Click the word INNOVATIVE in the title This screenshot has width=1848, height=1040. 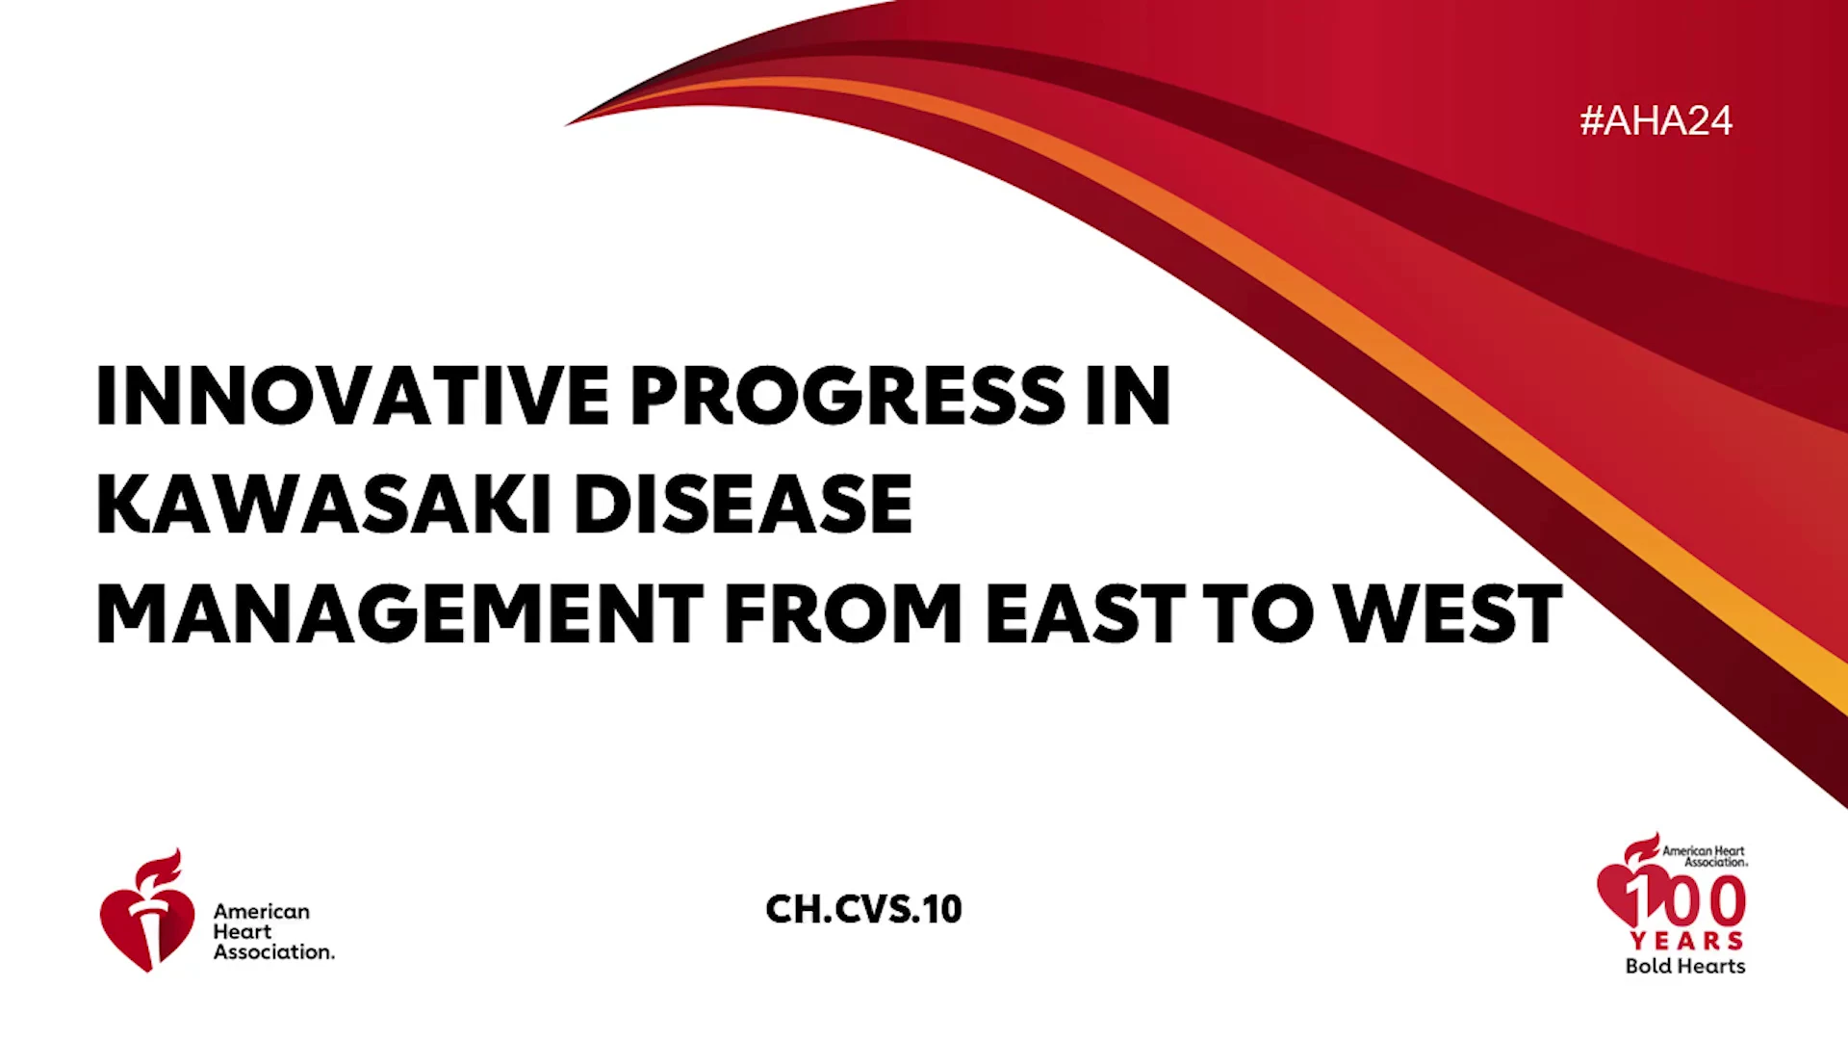[352, 395]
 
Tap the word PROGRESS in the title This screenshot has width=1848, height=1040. [848, 395]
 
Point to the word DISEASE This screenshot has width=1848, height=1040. [743, 504]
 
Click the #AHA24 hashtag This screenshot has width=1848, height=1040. [1655, 120]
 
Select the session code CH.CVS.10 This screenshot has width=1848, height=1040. [863, 909]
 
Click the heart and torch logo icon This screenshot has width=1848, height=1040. [147, 910]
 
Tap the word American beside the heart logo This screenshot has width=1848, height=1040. [262, 911]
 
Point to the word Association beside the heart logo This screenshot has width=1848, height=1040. [274, 951]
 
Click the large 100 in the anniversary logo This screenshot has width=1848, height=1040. [1686, 900]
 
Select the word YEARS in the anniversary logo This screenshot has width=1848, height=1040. [1686, 941]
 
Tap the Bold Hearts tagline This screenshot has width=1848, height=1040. [1685, 966]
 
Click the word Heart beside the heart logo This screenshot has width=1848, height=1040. [243, 931]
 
